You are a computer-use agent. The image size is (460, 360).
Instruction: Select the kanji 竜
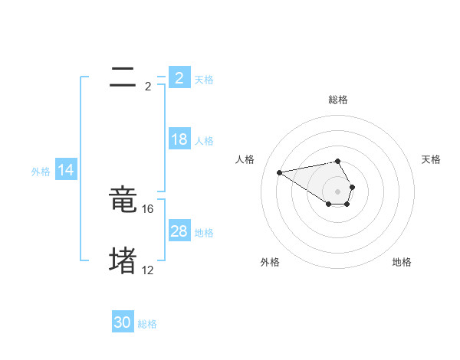click(x=123, y=201)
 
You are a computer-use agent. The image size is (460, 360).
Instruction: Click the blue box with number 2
click(x=179, y=77)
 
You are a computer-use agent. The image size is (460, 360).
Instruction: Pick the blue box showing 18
click(x=179, y=139)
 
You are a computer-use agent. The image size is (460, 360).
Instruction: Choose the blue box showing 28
click(x=179, y=231)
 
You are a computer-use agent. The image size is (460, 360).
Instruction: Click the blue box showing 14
click(x=66, y=171)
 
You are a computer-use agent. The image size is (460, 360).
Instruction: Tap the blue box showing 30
click(x=123, y=322)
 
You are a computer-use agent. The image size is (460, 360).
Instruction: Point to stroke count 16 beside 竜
click(x=149, y=208)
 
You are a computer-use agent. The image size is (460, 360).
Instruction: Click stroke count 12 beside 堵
click(x=148, y=270)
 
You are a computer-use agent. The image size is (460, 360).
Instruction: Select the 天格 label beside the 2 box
click(x=204, y=79)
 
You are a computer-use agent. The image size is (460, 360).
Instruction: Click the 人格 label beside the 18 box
click(x=204, y=141)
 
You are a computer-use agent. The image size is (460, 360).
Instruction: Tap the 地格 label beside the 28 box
click(x=204, y=233)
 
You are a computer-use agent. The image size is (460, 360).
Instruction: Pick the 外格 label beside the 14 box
click(x=41, y=172)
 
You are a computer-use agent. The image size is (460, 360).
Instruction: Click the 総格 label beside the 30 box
click(x=147, y=324)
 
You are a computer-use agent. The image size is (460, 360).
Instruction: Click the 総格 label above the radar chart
click(x=338, y=100)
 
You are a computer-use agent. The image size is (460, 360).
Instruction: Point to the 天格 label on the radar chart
click(x=431, y=159)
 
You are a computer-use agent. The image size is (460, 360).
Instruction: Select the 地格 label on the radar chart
click(x=402, y=262)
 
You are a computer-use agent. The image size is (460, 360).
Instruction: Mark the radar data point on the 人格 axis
click(x=280, y=172)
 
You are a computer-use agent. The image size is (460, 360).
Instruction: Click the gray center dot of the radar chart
click(x=338, y=191)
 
